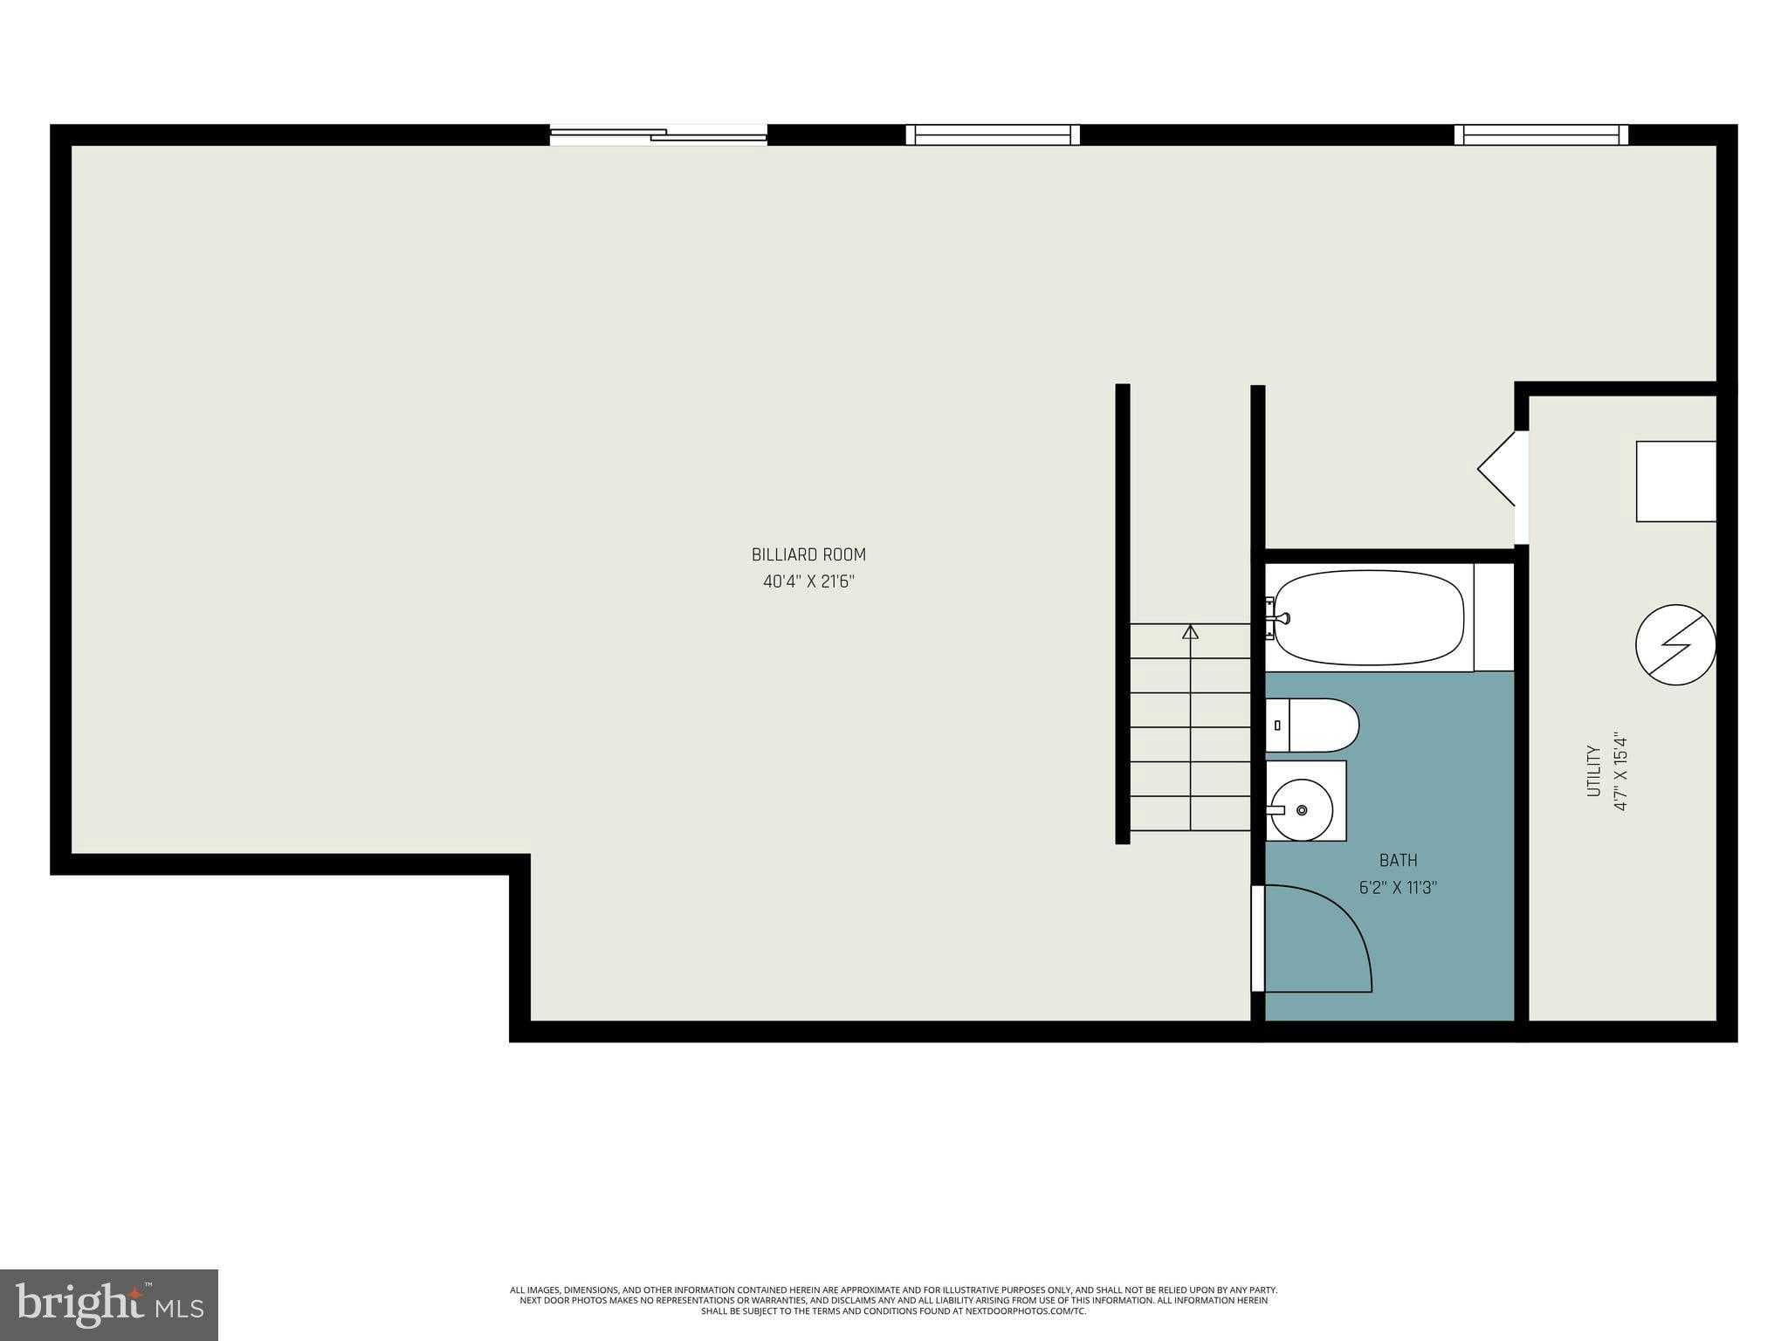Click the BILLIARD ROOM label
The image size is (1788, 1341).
point(808,554)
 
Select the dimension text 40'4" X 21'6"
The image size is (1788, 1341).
point(808,581)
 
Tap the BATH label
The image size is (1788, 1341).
point(1398,861)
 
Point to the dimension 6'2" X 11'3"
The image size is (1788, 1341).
point(1398,888)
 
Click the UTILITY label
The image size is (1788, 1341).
point(1593,770)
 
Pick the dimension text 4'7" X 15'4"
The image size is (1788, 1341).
point(1621,771)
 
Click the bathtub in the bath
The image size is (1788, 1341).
point(1368,617)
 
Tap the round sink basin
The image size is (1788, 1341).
point(1302,810)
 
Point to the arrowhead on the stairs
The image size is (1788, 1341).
point(1190,631)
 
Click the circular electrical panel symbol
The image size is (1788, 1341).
point(1675,645)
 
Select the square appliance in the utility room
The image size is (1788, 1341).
point(1675,481)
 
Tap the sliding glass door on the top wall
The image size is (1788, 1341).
point(658,134)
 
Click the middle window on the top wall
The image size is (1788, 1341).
point(993,134)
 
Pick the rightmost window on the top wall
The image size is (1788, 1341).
point(1541,134)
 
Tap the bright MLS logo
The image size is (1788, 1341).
point(109,1305)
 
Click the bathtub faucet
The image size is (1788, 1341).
point(1281,618)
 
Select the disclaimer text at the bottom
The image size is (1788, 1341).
point(893,1300)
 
